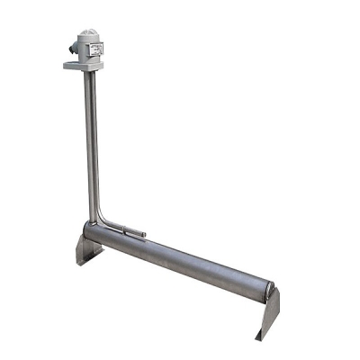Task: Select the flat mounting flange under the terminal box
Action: tap(82, 66)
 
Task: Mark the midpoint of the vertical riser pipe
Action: tap(91, 144)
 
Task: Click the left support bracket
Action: tap(87, 248)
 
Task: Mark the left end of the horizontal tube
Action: tap(91, 232)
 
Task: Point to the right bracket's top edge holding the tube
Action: tap(274, 291)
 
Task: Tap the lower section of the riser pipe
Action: tap(93, 193)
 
